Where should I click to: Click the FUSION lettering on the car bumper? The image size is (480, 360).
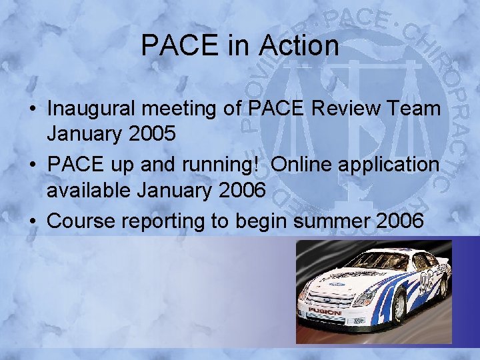325,311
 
